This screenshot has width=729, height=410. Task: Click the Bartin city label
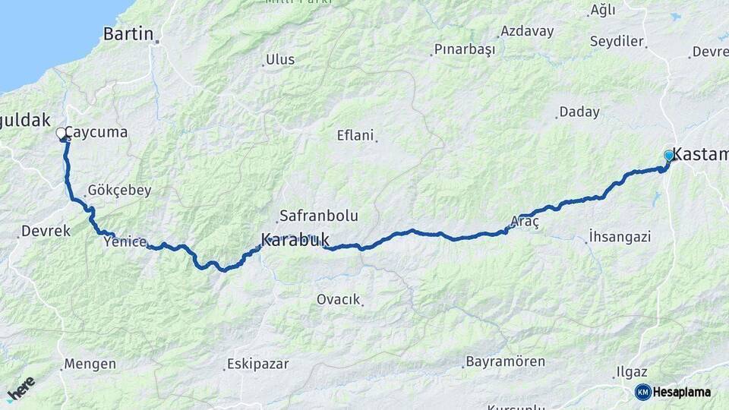pyautogui.click(x=128, y=34)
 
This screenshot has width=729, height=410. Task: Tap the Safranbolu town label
pyautogui.click(x=318, y=216)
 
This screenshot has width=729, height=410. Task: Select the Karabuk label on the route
pyautogui.click(x=295, y=240)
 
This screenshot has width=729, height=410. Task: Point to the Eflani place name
pyautogui.click(x=355, y=136)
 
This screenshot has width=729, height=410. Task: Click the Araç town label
pyautogui.click(x=525, y=222)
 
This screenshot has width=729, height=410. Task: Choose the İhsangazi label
pyautogui.click(x=620, y=237)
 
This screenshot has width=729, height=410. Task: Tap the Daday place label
pyautogui.click(x=579, y=112)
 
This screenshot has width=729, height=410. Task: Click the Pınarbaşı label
pyautogui.click(x=464, y=50)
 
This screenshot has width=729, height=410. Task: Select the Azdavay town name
pyautogui.click(x=526, y=32)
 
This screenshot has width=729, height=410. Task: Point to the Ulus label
pyautogui.click(x=279, y=60)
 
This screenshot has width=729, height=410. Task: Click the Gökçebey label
pyautogui.click(x=119, y=191)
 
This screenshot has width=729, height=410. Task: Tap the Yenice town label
pyautogui.click(x=125, y=241)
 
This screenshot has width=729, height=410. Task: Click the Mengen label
pyautogui.click(x=90, y=364)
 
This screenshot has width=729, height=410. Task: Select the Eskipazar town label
pyautogui.click(x=259, y=364)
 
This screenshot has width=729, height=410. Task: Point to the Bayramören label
pyautogui.click(x=505, y=361)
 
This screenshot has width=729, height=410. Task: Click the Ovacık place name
pyautogui.click(x=338, y=299)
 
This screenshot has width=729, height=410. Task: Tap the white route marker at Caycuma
pyautogui.click(x=61, y=134)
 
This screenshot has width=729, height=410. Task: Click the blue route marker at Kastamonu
pyautogui.click(x=669, y=155)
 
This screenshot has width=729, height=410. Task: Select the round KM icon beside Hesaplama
pyautogui.click(x=642, y=392)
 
